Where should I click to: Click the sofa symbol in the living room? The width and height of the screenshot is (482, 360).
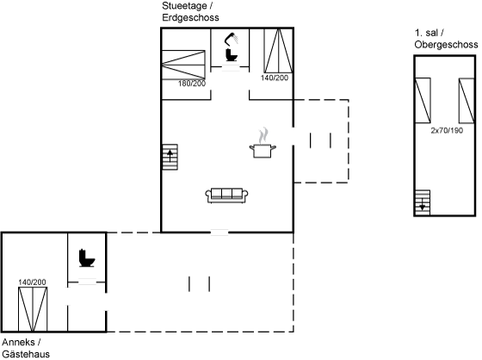coord(226,196)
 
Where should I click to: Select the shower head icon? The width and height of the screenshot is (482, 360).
coord(232,39)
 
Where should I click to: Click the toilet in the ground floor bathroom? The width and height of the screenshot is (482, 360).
coord(232,55)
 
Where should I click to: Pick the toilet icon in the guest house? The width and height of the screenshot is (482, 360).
coord(87,258)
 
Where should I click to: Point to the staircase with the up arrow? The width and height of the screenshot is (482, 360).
coord(170,157)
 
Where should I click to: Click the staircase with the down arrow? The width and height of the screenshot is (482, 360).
coord(423,202)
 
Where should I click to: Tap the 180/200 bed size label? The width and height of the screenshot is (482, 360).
coord(192,84)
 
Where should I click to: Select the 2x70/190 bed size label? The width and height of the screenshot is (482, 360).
coord(447,130)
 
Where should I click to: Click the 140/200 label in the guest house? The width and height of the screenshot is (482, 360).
coord(32,282)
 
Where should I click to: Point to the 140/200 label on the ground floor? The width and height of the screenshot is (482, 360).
coord(275,78)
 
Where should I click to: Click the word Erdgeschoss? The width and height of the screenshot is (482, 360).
coord(190,17)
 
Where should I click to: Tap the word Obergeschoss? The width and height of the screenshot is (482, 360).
coord(446,45)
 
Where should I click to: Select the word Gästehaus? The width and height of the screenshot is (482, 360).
coord(26,354)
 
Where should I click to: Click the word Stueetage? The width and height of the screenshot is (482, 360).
coord(184,6)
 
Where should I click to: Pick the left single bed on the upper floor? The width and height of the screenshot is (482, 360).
coord(423,101)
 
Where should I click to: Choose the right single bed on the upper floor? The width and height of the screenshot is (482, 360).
coord(467,101)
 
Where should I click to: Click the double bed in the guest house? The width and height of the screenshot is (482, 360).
coord(33,309)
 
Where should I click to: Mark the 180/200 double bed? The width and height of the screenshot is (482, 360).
coord(183,65)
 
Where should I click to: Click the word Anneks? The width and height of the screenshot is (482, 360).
coord(18,342)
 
